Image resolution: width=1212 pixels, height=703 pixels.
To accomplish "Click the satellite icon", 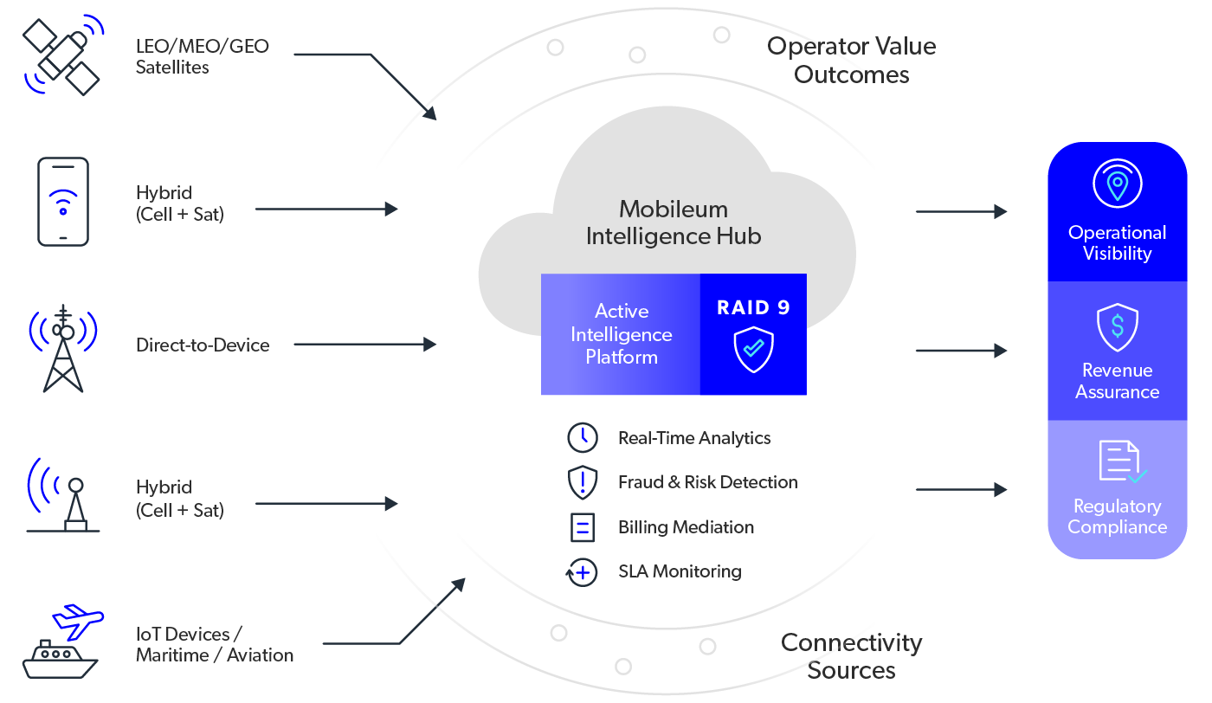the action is point(62,55).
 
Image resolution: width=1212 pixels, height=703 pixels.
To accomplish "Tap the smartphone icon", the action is point(62,202).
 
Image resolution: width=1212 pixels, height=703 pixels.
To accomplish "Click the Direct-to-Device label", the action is point(203,345).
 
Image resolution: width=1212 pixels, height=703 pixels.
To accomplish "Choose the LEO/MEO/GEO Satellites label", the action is point(202,56).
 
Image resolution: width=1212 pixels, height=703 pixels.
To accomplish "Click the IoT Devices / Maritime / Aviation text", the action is point(215,644).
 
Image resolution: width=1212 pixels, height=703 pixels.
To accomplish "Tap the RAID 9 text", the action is point(753,307).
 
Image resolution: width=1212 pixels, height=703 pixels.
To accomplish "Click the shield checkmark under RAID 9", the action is point(753,349).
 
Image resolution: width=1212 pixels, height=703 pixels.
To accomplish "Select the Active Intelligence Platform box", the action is point(621,334).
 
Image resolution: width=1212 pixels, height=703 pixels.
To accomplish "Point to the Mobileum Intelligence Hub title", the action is point(674,223).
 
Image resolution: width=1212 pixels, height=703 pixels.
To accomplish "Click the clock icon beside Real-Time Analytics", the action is point(582,437).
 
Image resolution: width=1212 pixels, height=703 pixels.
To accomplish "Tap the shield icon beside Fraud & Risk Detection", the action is point(582,481).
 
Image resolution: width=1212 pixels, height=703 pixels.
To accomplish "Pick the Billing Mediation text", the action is point(686,526).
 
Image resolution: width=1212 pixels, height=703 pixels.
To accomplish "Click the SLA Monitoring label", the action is point(680,571).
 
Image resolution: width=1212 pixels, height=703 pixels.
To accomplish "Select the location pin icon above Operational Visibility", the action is point(1117,184).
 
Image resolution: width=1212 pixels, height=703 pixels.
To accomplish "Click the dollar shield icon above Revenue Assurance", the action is point(1117,327).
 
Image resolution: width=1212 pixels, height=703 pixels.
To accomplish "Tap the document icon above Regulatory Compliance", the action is point(1121,461).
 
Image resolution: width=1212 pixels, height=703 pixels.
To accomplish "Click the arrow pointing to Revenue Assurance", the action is point(961,351).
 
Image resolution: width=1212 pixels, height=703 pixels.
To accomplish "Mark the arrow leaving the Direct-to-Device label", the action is point(364,345).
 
